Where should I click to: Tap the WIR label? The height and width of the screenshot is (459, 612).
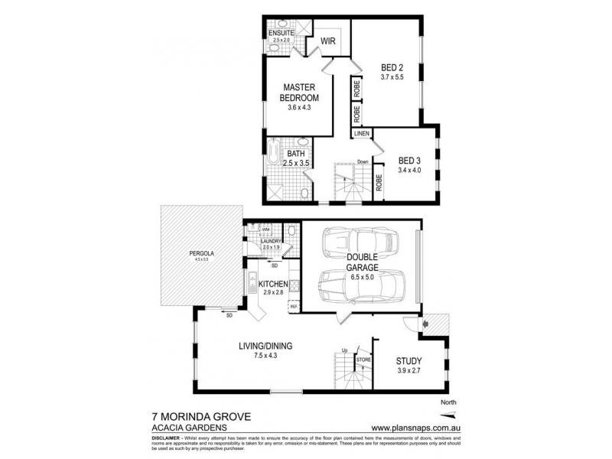329,41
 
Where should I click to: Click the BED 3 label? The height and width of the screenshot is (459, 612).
409,161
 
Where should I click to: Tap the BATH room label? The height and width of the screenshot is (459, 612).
296,153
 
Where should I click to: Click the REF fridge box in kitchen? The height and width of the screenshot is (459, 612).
292,306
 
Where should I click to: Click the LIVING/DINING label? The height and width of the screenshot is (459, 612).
265,346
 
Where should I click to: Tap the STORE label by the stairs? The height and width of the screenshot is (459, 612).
364,358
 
